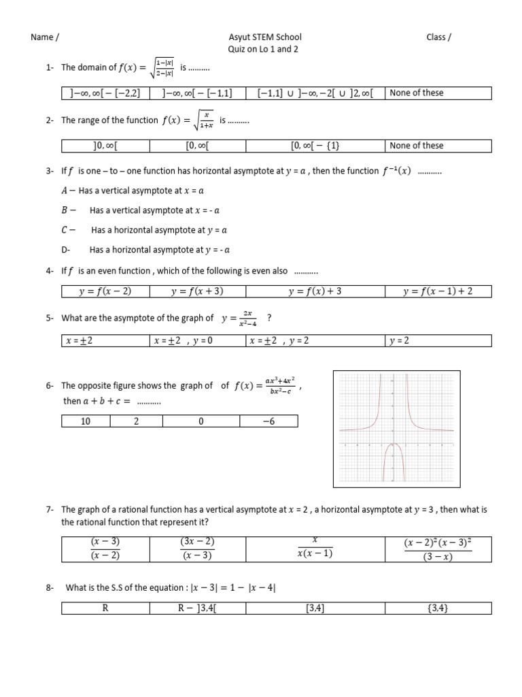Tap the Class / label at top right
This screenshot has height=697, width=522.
pyautogui.click(x=438, y=37)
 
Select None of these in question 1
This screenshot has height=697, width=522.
pyautogui.click(x=438, y=93)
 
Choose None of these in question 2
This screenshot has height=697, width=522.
pyautogui.click(x=438, y=146)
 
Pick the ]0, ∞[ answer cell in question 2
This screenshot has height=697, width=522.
pyautogui.click(x=105, y=146)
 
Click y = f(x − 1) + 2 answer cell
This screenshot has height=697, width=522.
pyautogui.click(x=438, y=291)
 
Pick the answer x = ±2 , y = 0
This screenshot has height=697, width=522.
pyautogui.click(x=198, y=341)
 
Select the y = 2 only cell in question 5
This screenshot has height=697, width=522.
pyautogui.click(x=438, y=341)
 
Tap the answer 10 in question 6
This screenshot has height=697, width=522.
pyautogui.click(x=86, y=422)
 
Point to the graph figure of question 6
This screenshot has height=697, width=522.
pyautogui.click(x=391, y=428)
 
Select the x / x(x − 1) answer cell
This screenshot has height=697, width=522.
pyautogui.click(x=314, y=549)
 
